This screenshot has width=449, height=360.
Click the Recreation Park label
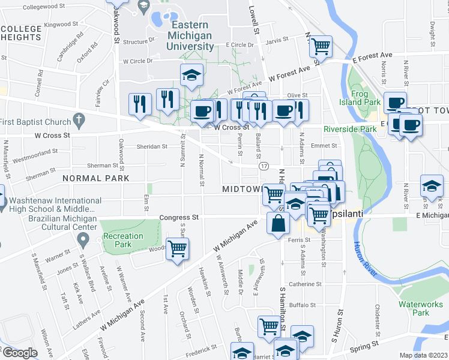pyautogui.click(x=122, y=240)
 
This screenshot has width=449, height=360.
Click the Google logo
pyautogui.click(x=20, y=353)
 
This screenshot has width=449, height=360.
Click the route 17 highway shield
pyautogui.click(x=263, y=165)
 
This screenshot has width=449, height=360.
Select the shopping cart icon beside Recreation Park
pyautogui.click(x=177, y=248)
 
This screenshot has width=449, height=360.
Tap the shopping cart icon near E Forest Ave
pyautogui.click(x=322, y=45)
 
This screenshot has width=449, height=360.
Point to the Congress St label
pyautogui.click(x=179, y=217)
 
